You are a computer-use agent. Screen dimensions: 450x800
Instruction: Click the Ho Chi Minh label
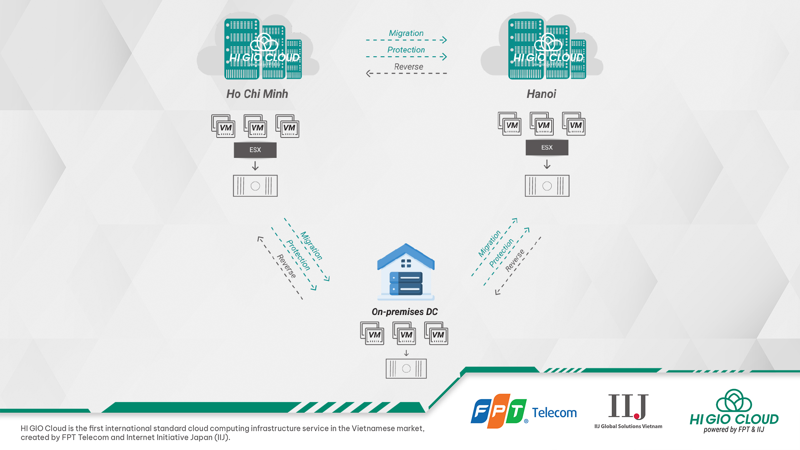[x=257, y=94]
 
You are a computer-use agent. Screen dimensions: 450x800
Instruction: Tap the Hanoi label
[x=541, y=94]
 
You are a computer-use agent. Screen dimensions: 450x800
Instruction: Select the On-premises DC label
[x=405, y=312]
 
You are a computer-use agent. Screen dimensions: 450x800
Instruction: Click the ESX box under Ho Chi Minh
[x=255, y=150]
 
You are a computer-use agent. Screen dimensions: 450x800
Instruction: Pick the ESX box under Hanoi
[x=547, y=147]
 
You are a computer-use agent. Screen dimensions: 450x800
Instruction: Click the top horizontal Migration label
[x=406, y=33]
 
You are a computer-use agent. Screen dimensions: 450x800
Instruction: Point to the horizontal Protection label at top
[x=406, y=50]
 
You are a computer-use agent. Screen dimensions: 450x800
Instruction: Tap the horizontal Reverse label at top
[x=408, y=67]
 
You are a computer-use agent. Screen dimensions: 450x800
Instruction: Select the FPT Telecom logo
[x=523, y=411]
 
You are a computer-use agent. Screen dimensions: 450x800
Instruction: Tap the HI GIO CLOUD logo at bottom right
[x=734, y=411]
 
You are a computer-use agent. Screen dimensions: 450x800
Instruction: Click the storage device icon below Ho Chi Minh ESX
[x=255, y=186]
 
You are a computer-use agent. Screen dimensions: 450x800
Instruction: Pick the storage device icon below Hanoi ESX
[x=547, y=186]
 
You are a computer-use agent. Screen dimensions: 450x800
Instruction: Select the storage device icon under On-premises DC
[x=406, y=369]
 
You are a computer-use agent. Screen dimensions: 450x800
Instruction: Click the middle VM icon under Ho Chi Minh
[x=255, y=126]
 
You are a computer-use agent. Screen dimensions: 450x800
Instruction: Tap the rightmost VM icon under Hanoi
[x=574, y=124]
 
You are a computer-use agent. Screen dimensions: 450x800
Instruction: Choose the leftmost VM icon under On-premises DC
[x=372, y=333]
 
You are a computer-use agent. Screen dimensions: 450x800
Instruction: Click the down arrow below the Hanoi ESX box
[x=547, y=165]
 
